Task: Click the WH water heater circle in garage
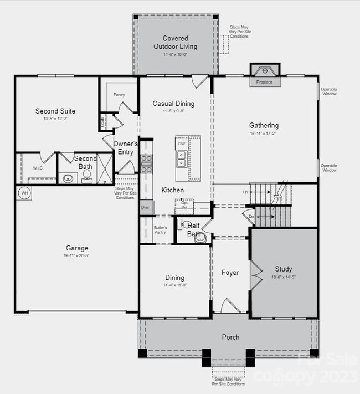point(25,193)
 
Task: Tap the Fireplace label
point(264,82)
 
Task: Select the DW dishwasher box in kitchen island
point(182,144)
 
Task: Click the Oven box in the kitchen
point(145,207)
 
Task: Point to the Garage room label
point(76,248)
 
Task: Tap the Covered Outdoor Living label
point(175,43)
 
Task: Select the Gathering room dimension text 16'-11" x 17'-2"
point(264,134)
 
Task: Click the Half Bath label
point(193,229)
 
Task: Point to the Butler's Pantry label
point(160,230)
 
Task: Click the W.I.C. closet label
point(38,168)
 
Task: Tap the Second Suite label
point(55,111)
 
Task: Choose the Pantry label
point(119,95)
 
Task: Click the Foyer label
point(230,273)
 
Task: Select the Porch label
point(230,337)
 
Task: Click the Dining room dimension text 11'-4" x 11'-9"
point(174,285)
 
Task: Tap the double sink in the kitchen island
point(181,160)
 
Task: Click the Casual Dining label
point(173,104)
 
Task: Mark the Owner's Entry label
point(125,148)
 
